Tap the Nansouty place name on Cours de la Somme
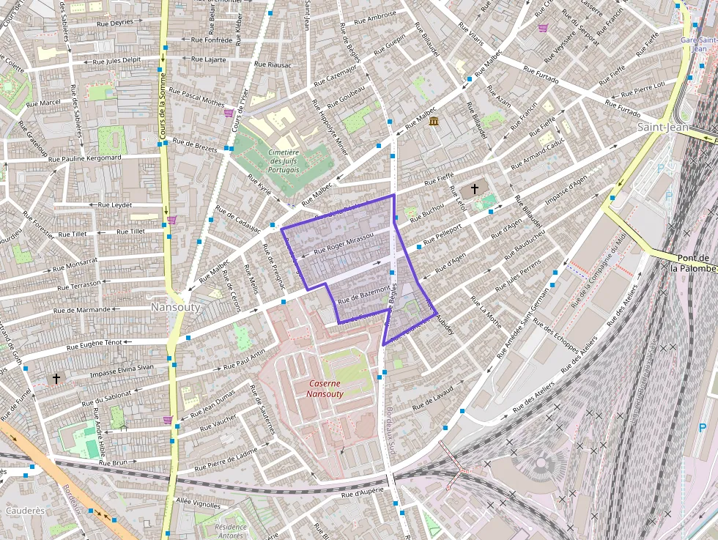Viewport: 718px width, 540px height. [175, 308]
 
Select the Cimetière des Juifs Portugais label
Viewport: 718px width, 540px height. [285, 160]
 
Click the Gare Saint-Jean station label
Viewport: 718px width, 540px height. [697, 44]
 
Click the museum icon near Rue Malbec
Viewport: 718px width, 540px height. [434, 121]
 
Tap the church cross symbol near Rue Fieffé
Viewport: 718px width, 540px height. [475, 189]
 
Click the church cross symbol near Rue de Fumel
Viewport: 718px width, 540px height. [56, 379]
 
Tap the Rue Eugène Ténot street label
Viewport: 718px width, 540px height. [95, 344]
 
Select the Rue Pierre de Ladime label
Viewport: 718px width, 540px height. [227, 459]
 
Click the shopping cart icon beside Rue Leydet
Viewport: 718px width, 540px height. [171, 220]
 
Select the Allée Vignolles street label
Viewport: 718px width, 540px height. [198, 505]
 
